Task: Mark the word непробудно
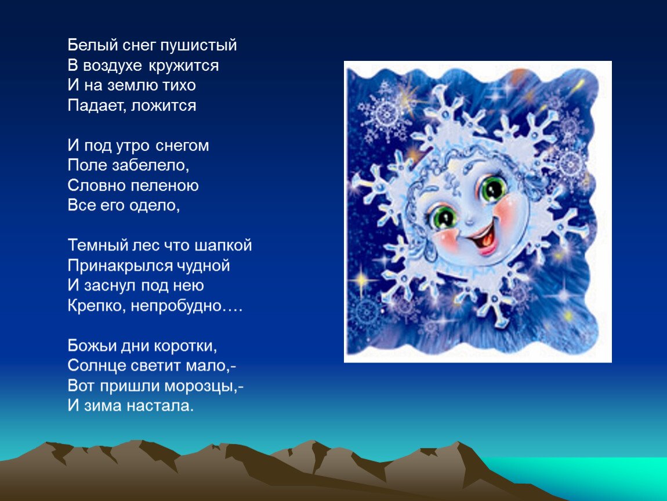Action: point(176,306)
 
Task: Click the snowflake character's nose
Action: point(470,220)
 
